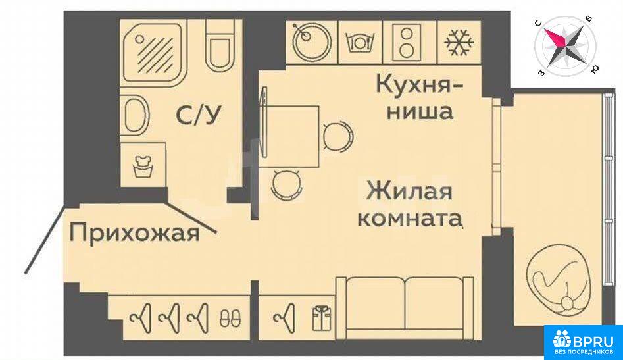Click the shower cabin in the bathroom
tap(154, 53)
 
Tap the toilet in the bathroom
tap(219, 45)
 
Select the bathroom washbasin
tap(135, 116)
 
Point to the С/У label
tap(198, 115)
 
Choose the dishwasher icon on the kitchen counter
tap(360, 41)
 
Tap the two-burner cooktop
tap(406, 41)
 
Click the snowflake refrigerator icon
tap(459, 41)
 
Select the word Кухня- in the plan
tap(419, 85)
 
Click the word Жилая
tap(409, 190)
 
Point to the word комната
tap(411, 219)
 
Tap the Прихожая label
tap(134, 232)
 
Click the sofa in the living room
tap(405, 308)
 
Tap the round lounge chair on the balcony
tap(557, 284)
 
